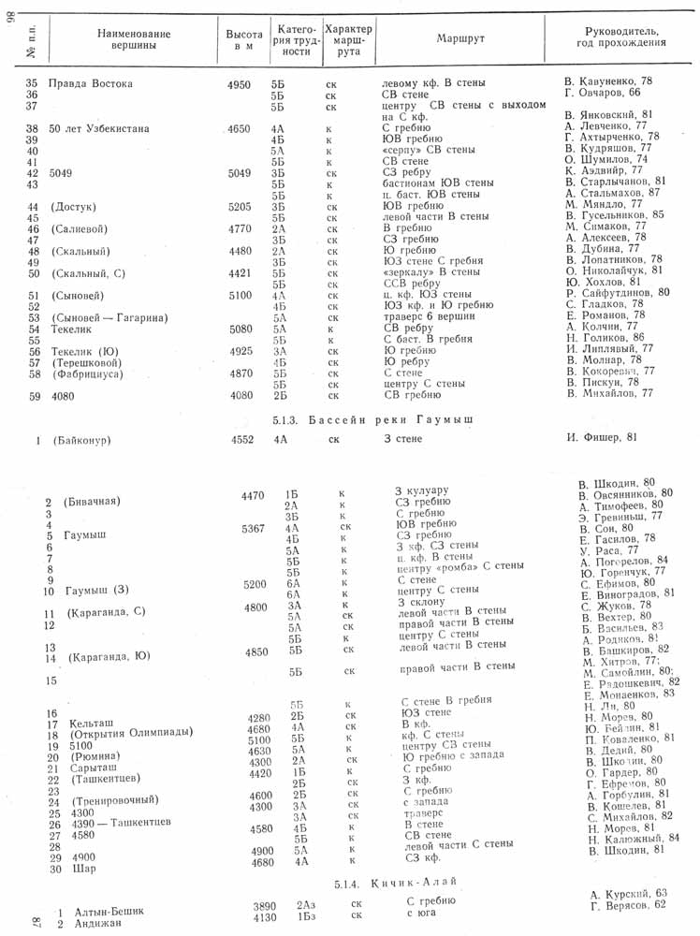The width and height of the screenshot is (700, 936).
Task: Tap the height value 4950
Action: click(x=240, y=84)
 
